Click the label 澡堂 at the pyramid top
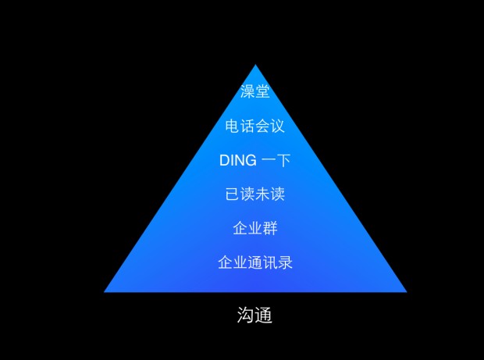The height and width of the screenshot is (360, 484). (x=255, y=91)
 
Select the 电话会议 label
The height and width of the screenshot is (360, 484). (x=255, y=126)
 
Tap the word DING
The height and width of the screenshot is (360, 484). (x=238, y=160)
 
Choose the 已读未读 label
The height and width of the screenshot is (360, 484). (x=255, y=194)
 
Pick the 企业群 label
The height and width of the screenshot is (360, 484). (x=255, y=229)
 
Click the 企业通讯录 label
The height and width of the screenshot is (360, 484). (x=255, y=262)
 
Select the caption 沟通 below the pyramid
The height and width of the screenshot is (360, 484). (x=254, y=316)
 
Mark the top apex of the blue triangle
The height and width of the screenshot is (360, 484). (x=255, y=65)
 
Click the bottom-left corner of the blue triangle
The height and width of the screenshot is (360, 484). (x=105, y=291)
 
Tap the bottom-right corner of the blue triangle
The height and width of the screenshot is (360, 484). (x=405, y=291)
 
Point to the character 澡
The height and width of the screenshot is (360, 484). (x=247, y=91)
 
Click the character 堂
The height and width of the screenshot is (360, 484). (x=263, y=91)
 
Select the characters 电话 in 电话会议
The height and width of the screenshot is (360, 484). (x=240, y=126)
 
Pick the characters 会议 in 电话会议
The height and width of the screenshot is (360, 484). (x=270, y=126)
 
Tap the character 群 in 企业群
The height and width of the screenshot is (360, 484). (x=270, y=229)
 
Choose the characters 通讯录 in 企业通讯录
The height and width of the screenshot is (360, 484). (x=270, y=262)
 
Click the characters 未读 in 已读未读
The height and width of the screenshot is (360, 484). (x=270, y=194)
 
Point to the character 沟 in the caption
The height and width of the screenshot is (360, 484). (x=245, y=316)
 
